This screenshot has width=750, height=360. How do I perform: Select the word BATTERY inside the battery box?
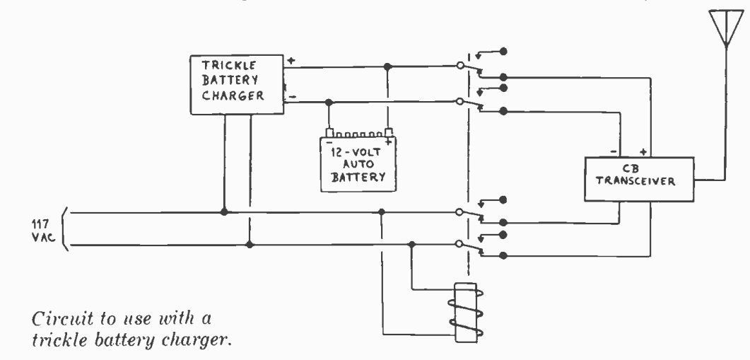(358, 177)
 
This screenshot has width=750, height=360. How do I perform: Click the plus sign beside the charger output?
(291, 61)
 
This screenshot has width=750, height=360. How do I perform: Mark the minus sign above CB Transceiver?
(613, 151)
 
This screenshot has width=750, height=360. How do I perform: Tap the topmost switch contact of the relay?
(503, 51)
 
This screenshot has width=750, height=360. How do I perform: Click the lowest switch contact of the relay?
(503, 255)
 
